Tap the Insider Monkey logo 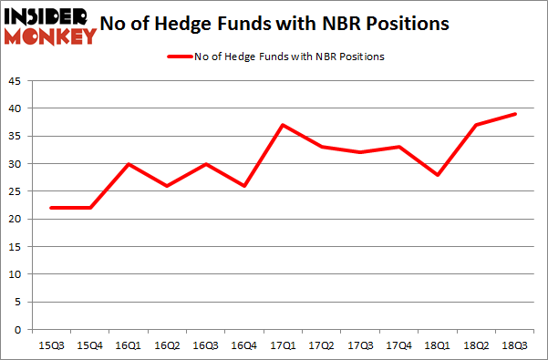[x=50, y=26]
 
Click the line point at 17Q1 [x=284, y=125]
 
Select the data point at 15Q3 [x=52, y=208]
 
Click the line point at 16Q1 [x=129, y=163]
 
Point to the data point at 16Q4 [x=245, y=186]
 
